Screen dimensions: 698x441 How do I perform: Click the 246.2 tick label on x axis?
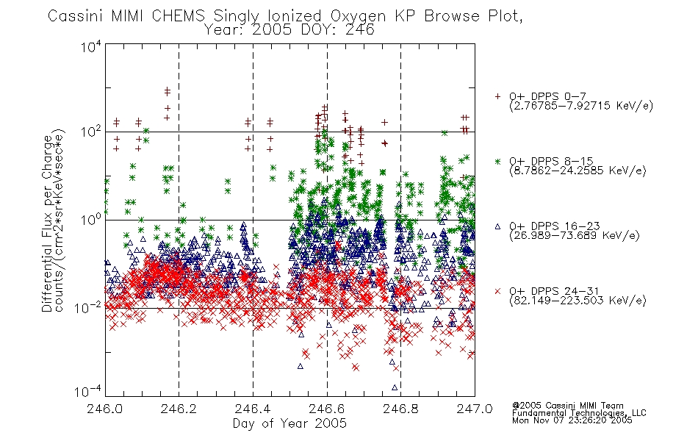pos(179,409)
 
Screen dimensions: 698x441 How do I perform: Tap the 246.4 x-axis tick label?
pos(253,409)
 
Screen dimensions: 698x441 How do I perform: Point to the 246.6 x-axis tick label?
pos(327,409)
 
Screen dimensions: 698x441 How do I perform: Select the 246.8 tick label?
pos(400,409)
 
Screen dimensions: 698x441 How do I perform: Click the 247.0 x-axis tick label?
pos(475,409)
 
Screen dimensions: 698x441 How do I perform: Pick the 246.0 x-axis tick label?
pos(104,409)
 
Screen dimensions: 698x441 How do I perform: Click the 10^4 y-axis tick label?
pos(91,46)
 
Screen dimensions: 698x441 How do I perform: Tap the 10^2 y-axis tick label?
pos(91,132)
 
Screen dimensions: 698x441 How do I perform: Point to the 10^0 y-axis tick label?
pos(91,220)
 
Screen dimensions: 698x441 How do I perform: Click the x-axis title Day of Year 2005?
pos(289,423)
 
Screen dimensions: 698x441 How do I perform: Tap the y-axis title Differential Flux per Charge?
pos(48,223)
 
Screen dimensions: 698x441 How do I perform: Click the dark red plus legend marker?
pos(497,96)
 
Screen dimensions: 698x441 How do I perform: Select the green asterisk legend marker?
pos(497,161)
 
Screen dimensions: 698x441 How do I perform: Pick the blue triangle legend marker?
pos(497,226)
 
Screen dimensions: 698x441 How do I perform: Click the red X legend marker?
pos(497,291)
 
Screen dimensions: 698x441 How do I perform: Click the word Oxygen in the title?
pos(358,16)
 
